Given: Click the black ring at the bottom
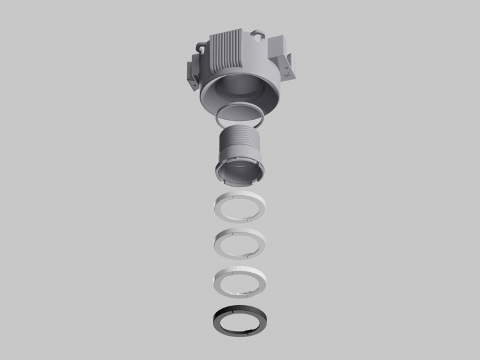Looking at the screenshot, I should [218, 321].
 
